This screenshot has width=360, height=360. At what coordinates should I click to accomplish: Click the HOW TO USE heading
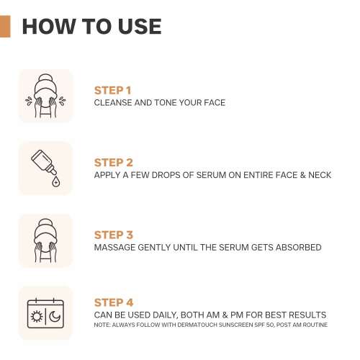91,27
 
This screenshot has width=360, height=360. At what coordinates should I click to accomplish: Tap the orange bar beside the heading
5,27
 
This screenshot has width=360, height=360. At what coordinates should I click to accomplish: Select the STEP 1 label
112,91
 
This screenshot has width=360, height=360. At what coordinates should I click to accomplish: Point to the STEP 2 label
113,163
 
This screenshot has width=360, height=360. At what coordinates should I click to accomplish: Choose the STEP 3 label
113,235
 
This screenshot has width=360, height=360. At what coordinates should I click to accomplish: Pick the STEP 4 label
114,302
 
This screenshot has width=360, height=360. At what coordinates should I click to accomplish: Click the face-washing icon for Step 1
45,96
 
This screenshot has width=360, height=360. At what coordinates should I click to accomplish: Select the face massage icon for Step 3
45,240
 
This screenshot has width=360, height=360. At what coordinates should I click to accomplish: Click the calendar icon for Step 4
45,312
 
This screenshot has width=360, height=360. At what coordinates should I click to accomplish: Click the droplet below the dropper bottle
55,183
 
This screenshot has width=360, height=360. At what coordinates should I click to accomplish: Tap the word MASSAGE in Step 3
114,247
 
